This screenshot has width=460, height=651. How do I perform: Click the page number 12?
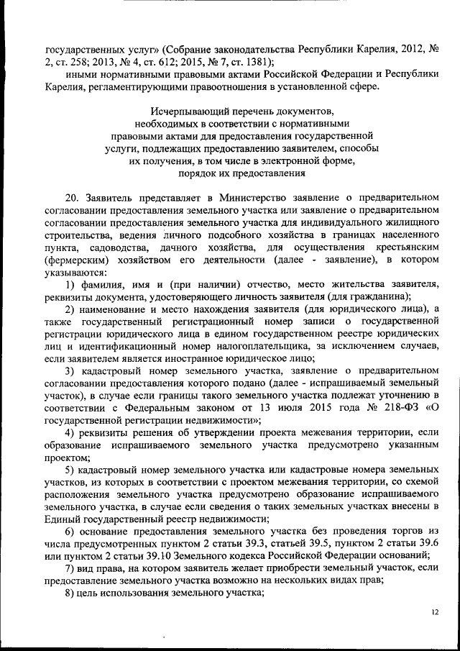[x=434, y=611]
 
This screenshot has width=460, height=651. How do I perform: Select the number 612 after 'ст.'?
[x=167, y=61]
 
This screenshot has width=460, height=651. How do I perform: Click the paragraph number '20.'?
[x=71, y=197]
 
